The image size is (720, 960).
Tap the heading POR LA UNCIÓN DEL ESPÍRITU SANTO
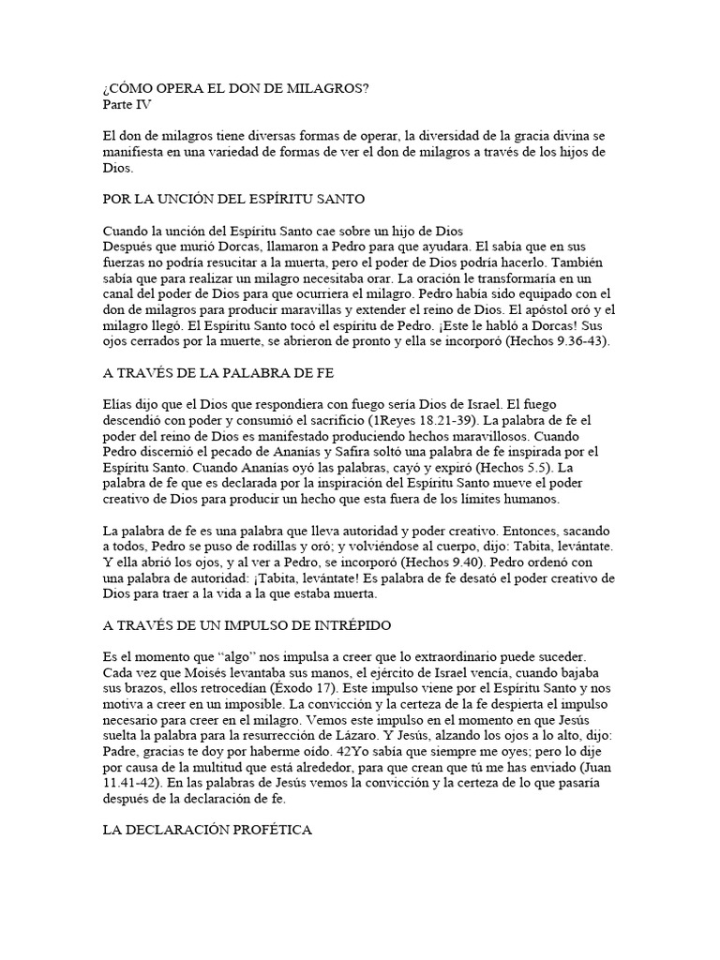(232, 200)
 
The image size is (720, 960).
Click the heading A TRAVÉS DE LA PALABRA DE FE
(217, 373)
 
